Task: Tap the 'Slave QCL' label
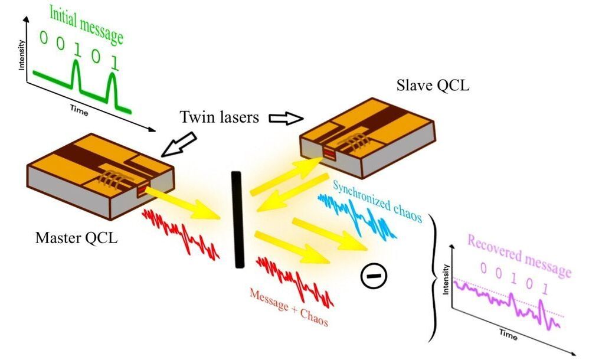tap(433, 86)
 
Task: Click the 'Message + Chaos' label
tap(289, 308)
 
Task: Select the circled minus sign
tap(373, 277)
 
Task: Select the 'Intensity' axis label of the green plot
tap(22, 54)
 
